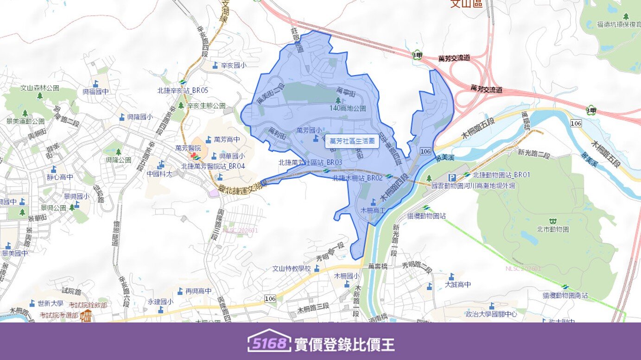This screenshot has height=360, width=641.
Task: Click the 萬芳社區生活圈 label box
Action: click(352, 141)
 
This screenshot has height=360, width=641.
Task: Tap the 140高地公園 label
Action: click(348, 108)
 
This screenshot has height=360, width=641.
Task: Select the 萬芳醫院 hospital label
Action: click(188, 148)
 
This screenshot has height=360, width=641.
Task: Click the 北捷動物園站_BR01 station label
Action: click(501, 175)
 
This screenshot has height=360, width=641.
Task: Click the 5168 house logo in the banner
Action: click(269, 342)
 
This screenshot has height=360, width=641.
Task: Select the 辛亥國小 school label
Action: click(233, 65)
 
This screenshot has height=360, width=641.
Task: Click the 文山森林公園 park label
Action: click(40, 88)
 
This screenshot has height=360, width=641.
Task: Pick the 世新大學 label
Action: click(51, 303)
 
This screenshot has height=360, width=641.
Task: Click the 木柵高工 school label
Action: click(374, 210)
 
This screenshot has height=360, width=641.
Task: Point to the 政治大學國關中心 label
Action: click(491, 314)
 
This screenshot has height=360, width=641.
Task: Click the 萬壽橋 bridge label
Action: click(377, 266)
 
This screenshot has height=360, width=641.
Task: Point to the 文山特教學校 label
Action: click(292, 268)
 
